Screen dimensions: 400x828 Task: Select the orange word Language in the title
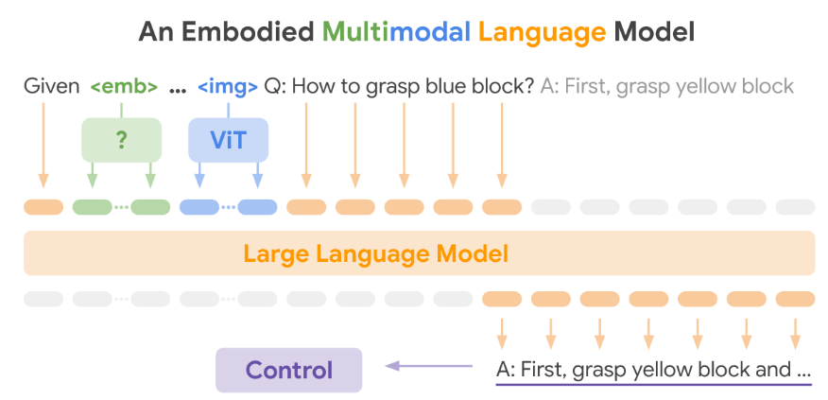coord(542,33)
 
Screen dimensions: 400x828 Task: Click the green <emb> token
coord(124,87)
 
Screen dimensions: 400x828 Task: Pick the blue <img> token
coord(228,87)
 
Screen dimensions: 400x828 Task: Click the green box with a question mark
coord(121,140)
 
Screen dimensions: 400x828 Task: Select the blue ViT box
coord(228,140)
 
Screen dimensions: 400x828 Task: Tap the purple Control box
coord(289,370)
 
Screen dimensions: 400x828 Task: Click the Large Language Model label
coord(375,253)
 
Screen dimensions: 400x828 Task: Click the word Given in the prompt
coord(51,87)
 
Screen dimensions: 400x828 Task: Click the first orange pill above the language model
coord(43,207)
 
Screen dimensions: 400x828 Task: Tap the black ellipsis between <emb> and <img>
coord(177,88)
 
